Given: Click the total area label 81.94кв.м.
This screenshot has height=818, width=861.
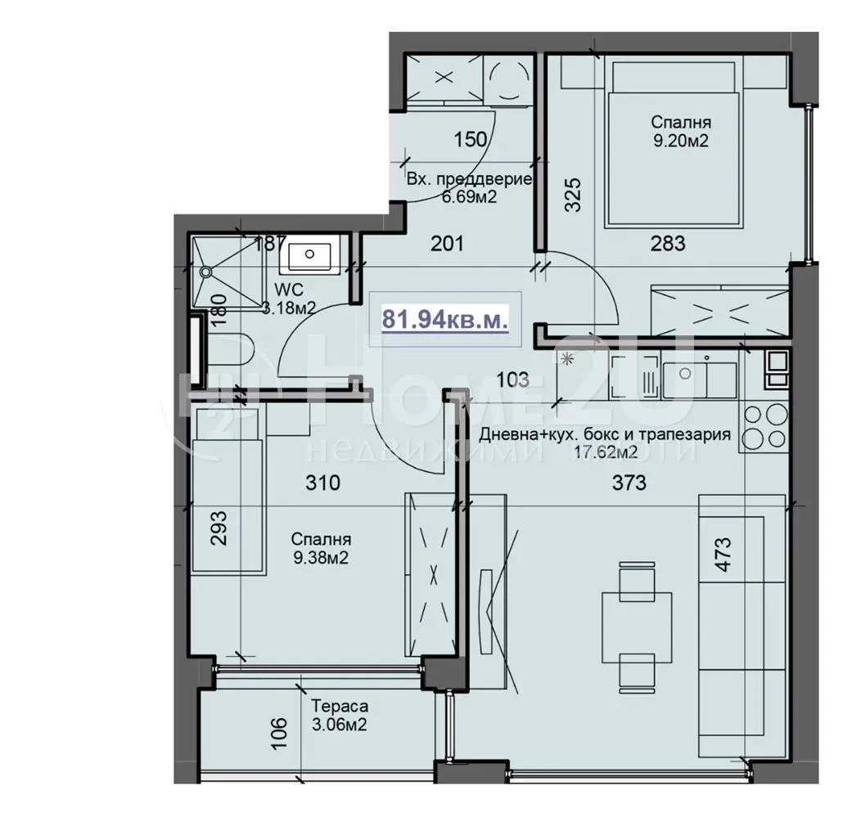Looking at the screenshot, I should pos(445,317).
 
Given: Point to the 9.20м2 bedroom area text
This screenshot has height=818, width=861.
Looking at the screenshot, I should pos(679,141).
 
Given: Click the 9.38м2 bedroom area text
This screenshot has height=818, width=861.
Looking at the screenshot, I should pos(321,558).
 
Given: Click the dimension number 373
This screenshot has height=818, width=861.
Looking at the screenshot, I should pos(629,483).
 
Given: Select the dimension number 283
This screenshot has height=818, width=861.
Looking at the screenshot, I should pos(667,243).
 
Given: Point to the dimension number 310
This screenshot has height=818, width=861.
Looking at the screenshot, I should pos(322,483).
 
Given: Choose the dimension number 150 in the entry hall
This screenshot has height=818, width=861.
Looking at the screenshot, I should pos(470,140).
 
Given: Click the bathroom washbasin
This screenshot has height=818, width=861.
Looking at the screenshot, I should pos(309,256).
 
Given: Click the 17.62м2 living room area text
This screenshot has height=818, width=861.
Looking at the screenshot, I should pos(606,451).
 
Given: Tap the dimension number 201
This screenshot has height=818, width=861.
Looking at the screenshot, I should pos(447,243).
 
